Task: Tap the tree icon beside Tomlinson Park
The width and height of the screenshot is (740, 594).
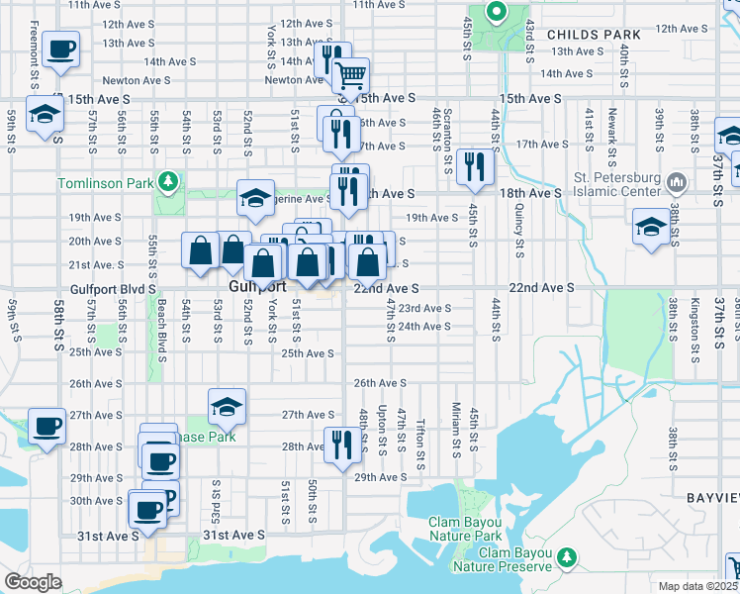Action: click(x=168, y=181)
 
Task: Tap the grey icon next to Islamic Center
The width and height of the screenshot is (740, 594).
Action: click(x=678, y=182)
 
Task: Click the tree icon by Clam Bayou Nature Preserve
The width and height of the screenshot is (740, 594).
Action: click(x=567, y=557)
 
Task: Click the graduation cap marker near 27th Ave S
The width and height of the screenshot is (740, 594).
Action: click(x=227, y=405)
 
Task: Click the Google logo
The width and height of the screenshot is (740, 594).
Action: click(x=33, y=582)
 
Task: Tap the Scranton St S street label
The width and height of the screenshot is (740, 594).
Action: click(x=448, y=137)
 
